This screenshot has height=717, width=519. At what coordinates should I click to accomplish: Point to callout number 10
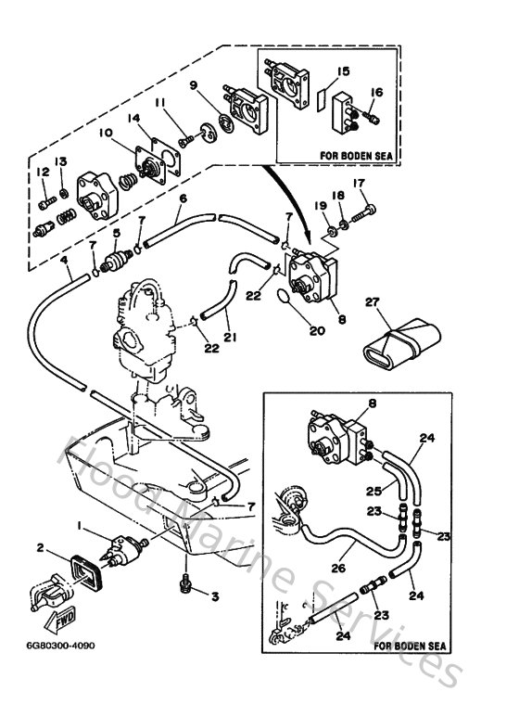[x=104, y=134]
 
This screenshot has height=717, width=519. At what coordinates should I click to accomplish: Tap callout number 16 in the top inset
[x=376, y=92]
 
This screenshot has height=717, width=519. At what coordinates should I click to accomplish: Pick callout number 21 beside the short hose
[x=229, y=338]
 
